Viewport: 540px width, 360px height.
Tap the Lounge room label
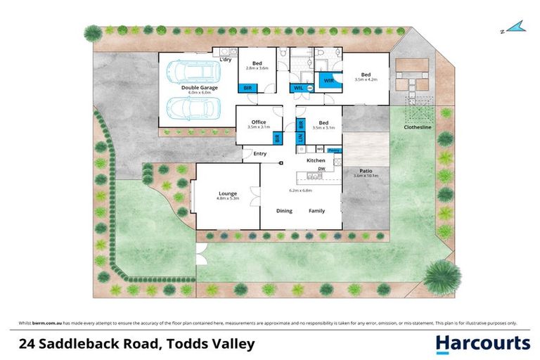point(226,193)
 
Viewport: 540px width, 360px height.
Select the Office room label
point(259,121)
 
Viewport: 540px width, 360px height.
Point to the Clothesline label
point(417,127)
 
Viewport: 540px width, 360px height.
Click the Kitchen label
point(316,161)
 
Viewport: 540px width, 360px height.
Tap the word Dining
point(284,210)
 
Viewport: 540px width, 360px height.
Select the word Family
point(316,210)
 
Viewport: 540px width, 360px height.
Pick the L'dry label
point(226,59)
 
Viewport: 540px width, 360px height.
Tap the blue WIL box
point(299,88)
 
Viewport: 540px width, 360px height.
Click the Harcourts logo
point(482,343)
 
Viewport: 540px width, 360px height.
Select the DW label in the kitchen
point(321,169)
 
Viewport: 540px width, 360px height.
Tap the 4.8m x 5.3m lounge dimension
point(227,199)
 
